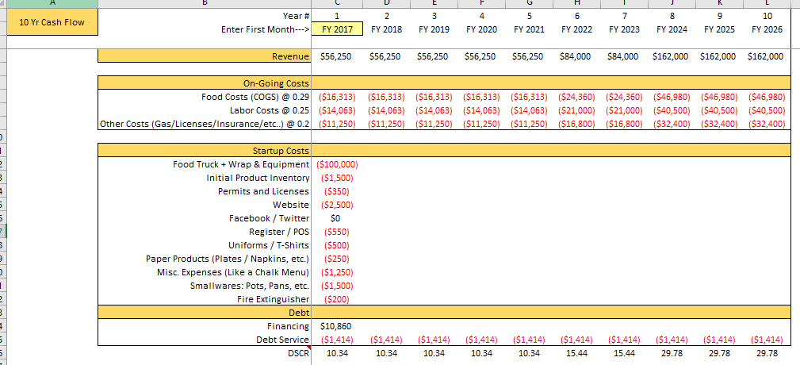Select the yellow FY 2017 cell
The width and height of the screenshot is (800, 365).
click(338, 29)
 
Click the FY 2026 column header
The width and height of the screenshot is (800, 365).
click(767, 29)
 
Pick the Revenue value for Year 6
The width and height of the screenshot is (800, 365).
click(576, 56)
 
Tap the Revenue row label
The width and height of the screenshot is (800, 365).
click(291, 56)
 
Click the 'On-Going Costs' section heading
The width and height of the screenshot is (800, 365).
click(276, 83)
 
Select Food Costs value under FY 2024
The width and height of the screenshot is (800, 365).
click(672, 97)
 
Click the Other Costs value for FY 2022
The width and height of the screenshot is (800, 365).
click(576, 124)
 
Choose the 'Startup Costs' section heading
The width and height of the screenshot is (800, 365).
click(281, 151)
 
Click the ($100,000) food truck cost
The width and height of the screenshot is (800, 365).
click(337, 164)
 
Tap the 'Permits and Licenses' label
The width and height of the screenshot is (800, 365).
click(263, 191)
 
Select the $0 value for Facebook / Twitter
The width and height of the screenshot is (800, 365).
click(335, 218)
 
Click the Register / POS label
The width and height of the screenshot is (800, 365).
click(279, 232)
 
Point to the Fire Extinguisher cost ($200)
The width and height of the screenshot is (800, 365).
click(337, 299)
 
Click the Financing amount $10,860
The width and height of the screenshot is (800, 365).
click(336, 326)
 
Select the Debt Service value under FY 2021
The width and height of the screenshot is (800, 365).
click(529, 340)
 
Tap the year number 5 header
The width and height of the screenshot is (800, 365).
click(529, 16)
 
